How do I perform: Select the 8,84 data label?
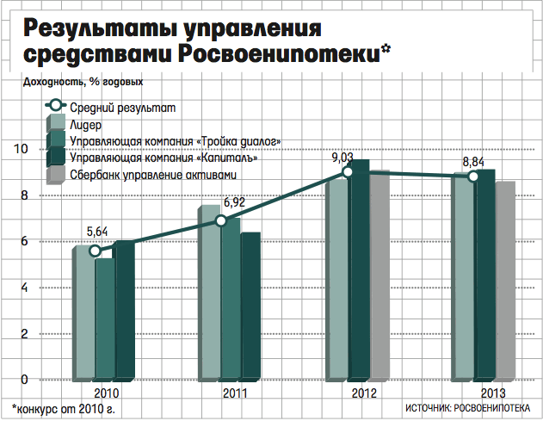[x=473, y=160]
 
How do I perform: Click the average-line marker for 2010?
[x=96, y=251]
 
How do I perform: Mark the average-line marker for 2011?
[x=221, y=221]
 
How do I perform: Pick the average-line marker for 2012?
[x=348, y=172]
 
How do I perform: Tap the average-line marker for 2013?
[x=472, y=176]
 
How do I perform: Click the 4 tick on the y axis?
[x=25, y=288]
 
